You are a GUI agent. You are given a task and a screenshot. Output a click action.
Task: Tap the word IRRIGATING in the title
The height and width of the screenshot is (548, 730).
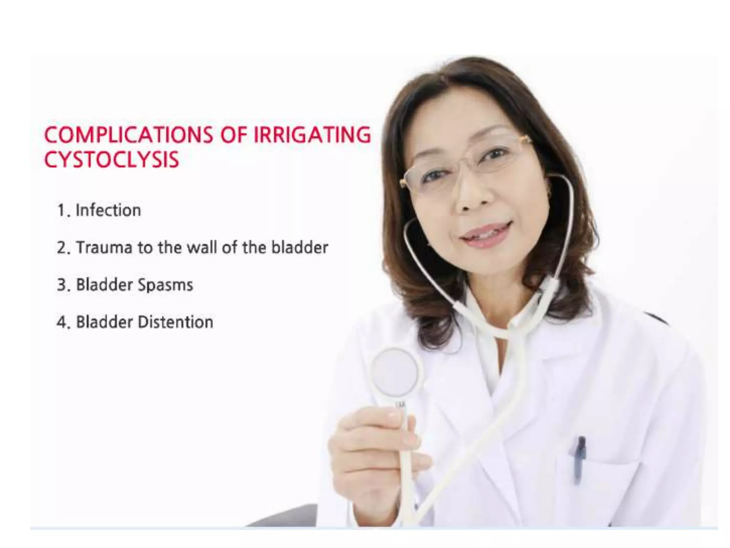[312, 135]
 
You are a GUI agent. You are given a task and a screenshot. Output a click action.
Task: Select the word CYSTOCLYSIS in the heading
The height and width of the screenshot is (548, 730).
[111, 159]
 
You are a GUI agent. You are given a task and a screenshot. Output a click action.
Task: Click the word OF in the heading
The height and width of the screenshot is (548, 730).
[234, 135]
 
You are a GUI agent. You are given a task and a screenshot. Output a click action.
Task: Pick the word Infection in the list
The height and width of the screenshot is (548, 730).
[108, 210]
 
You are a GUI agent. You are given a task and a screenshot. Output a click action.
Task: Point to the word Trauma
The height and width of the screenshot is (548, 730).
[104, 248]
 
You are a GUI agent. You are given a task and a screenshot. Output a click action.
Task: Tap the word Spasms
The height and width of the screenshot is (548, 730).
[165, 285]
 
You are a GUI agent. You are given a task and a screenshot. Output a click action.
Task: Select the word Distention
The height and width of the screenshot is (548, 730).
[175, 322]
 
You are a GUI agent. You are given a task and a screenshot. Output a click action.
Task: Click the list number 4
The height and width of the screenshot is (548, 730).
[62, 323]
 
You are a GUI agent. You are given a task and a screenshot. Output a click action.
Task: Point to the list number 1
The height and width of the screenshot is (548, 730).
[61, 210]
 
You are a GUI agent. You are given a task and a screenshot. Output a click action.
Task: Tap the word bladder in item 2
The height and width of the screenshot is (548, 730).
[299, 248]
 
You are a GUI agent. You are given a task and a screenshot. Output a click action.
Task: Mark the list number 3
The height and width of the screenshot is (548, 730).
[62, 285]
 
